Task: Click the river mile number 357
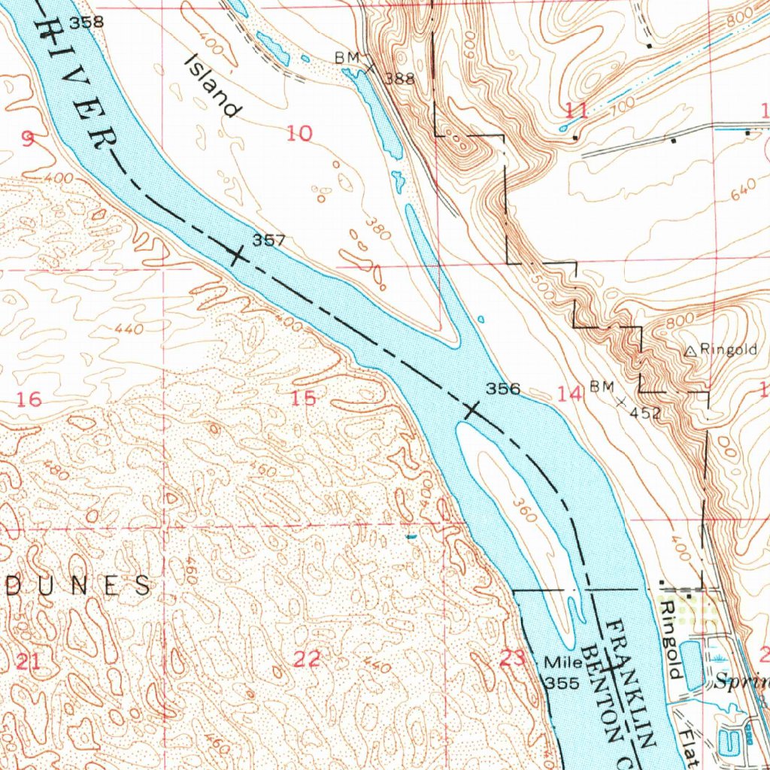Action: [x=268, y=241]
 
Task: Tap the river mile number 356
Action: [x=503, y=389]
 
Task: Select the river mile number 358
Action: [x=86, y=23]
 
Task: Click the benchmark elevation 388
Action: [x=400, y=78]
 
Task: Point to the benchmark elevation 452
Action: [x=645, y=413]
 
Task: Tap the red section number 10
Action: [x=299, y=134]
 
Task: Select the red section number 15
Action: [x=304, y=399]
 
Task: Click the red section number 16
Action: [x=29, y=399]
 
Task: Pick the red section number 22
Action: [x=306, y=659]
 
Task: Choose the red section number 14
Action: [x=570, y=393]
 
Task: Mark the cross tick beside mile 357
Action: [x=236, y=256]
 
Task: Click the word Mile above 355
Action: [x=563, y=663]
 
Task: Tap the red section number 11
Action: [x=576, y=111]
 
